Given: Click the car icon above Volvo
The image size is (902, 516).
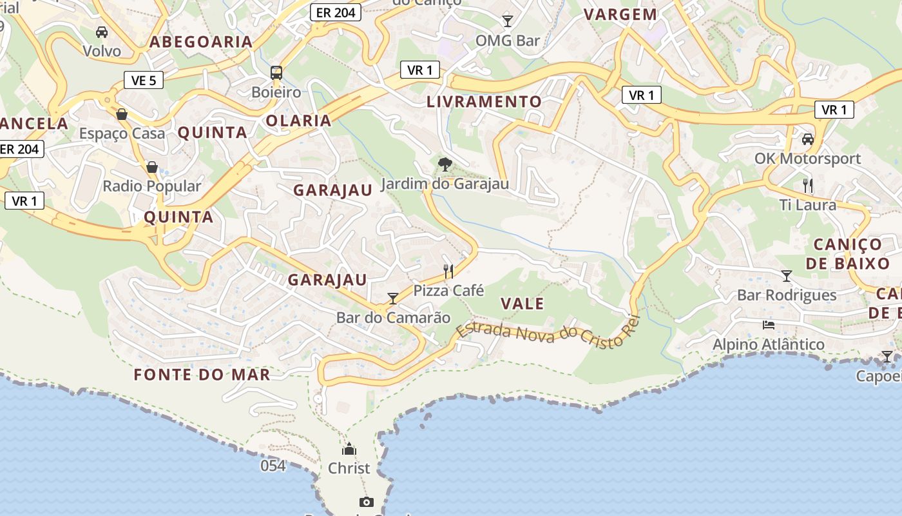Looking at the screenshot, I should [x=101, y=32].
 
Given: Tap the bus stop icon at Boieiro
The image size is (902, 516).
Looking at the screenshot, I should [x=276, y=72].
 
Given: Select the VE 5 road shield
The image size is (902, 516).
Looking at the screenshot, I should [x=143, y=80].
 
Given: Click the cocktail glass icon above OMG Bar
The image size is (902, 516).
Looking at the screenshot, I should [x=508, y=21].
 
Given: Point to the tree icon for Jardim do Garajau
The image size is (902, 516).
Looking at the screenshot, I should [x=445, y=164].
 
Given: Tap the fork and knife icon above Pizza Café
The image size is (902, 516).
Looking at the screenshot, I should [x=448, y=271].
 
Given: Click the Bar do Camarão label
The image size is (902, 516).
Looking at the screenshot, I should [x=393, y=317].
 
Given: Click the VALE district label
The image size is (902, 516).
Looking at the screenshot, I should [x=522, y=303].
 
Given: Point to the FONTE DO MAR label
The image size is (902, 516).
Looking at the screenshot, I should [x=202, y=374].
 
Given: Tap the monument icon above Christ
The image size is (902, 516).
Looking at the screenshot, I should [x=349, y=449].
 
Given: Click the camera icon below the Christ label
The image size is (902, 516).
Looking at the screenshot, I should [x=366, y=502].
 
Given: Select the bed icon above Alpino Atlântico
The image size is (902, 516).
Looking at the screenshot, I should [x=768, y=324].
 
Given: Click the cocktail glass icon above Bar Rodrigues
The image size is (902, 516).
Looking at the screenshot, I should [x=786, y=276].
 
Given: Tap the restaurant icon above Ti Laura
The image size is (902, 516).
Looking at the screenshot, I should [x=808, y=186].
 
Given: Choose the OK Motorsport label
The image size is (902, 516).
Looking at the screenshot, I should [x=808, y=159].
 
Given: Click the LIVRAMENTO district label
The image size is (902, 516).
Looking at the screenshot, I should [x=484, y=101].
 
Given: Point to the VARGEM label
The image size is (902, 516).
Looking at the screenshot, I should [x=620, y=14].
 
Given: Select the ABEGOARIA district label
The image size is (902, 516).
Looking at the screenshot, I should [x=201, y=42].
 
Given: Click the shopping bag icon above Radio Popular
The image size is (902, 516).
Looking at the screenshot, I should [x=152, y=167].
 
